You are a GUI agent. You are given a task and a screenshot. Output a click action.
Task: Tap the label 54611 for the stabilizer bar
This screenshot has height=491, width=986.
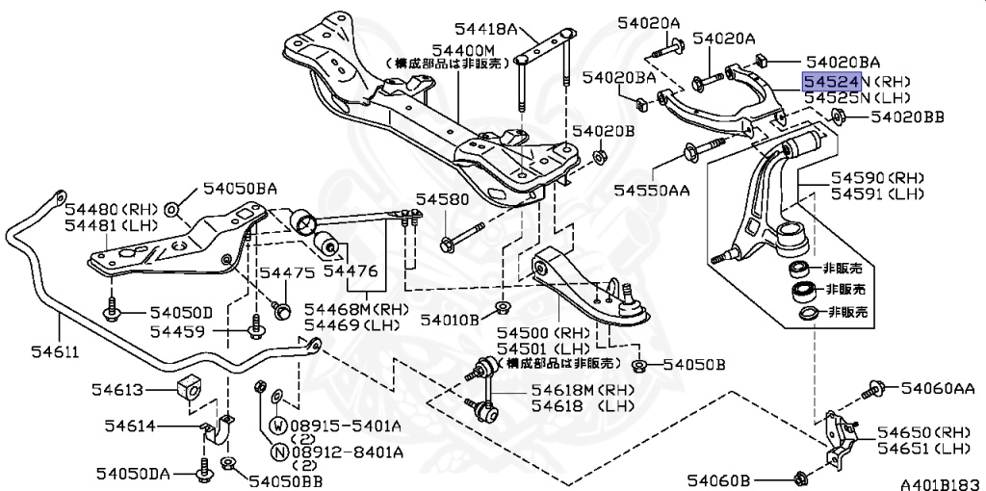(48, 352)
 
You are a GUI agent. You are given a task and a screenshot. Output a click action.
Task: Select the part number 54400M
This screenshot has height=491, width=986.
(462, 49)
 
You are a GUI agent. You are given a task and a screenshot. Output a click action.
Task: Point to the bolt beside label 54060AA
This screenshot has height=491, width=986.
(874, 388)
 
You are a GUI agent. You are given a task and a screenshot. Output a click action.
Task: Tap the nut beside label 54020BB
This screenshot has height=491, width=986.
(836, 118)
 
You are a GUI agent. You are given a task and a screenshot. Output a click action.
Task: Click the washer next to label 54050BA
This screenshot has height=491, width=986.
(171, 209)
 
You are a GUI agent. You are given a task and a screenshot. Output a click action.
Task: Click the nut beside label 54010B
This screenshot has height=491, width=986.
(502, 308)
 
